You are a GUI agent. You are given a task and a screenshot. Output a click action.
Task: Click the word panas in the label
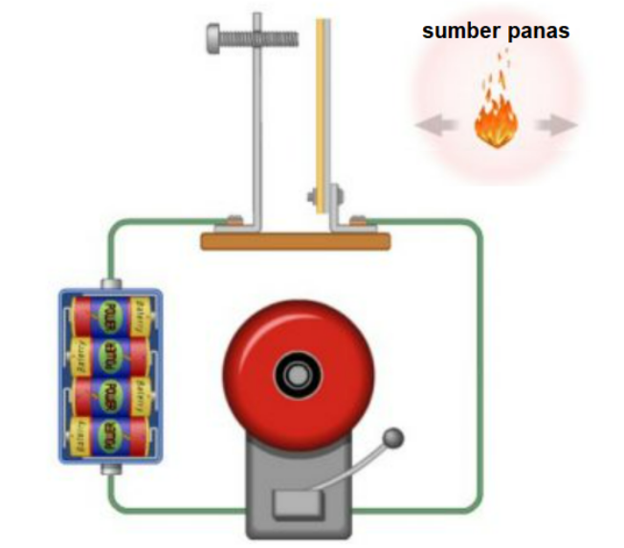537,32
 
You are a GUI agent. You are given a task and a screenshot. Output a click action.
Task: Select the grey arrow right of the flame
557,125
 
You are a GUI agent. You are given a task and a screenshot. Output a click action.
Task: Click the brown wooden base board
296,240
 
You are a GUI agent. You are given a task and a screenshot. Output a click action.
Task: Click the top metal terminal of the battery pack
111,283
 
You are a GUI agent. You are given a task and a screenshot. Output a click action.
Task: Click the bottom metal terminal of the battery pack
111,469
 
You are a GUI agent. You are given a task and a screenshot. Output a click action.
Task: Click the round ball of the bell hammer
392,439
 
